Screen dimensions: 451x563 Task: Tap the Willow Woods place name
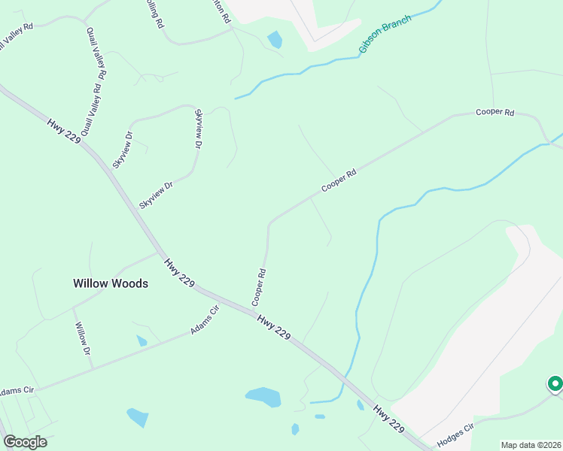111,283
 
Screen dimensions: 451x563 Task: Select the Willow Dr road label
82,340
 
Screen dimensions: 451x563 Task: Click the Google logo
25,442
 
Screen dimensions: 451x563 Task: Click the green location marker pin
555,385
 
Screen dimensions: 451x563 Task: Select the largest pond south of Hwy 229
263,396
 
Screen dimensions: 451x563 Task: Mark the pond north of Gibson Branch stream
275,39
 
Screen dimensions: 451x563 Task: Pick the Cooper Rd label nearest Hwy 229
259,287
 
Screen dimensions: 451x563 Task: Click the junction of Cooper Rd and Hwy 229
253,308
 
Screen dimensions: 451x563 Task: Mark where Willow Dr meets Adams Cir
92,367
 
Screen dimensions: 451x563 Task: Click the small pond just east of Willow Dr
142,341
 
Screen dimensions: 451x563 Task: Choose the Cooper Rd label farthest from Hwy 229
495,113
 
